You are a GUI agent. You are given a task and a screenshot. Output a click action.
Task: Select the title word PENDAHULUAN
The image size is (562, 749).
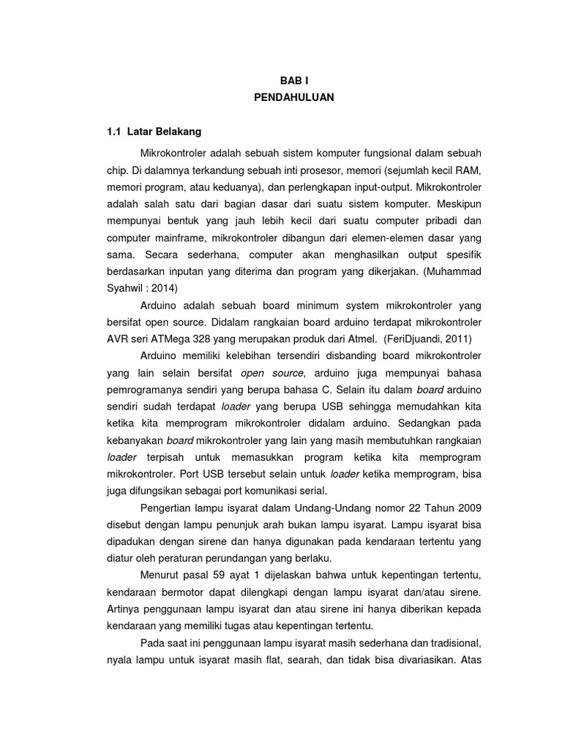tap(293, 98)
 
